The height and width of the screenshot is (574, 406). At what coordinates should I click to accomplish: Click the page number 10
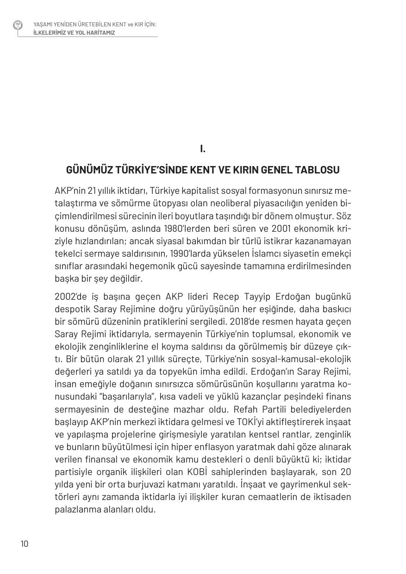tap(24, 543)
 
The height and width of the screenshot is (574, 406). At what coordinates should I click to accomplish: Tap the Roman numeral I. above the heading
tap(203, 148)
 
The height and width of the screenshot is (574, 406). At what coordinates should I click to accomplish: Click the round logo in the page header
tap(18, 25)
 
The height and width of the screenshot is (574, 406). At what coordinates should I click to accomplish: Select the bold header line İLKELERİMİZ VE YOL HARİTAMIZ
tap(74, 33)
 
